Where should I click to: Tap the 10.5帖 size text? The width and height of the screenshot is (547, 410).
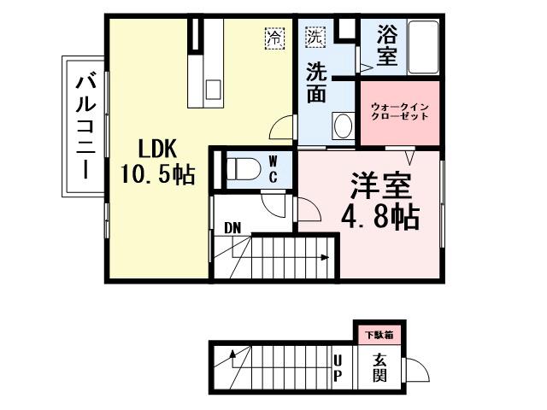click(x=157, y=176)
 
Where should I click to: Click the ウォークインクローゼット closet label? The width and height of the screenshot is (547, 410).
click(x=399, y=112)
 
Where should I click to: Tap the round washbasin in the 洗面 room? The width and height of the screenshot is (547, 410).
click(x=343, y=126)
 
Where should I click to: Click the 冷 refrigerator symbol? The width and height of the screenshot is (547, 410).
click(x=274, y=38)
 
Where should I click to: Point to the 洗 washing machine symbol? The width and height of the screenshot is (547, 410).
click(x=315, y=38)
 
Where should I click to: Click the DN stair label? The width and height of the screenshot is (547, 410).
click(x=232, y=228)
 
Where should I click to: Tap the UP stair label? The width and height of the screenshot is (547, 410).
click(x=338, y=368)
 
